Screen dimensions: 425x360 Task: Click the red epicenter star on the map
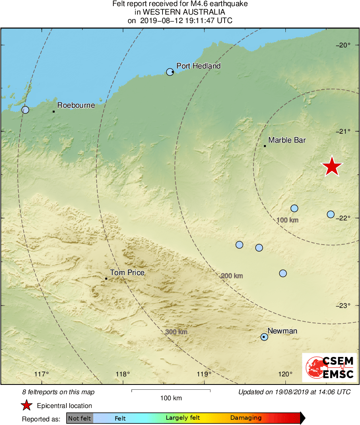tap(332, 167)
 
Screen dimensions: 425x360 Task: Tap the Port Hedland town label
tap(198, 66)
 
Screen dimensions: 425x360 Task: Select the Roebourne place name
tap(76, 105)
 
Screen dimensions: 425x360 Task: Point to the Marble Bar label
tap(287, 140)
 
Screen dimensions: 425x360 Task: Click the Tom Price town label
tap(127, 273)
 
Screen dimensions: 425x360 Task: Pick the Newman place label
tap(282, 331)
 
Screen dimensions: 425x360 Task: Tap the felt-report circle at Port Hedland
tap(170, 72)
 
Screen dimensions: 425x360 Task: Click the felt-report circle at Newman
tap(264, 337)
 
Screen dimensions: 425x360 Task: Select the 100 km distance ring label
tap(287, 220)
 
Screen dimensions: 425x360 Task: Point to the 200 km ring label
tap(231, 276)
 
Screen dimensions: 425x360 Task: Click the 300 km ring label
tap(176, 332)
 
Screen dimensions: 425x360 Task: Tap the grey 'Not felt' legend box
tap(79, 418)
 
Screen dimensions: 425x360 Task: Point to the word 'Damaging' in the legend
tap(246, 418)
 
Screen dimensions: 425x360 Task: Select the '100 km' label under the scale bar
tap(171, 398)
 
